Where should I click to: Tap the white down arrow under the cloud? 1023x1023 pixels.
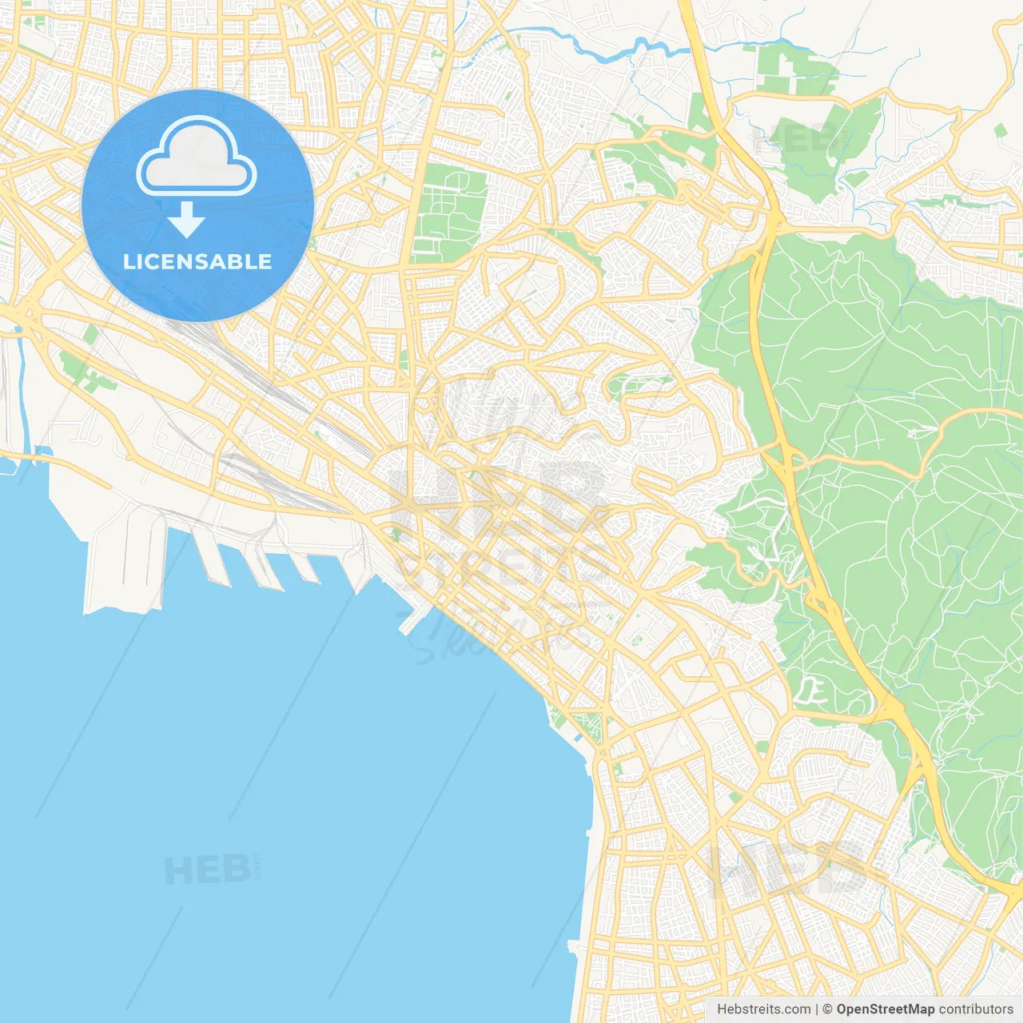[x=186, y=220]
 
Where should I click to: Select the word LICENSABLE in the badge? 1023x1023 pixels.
[x=197, y=261]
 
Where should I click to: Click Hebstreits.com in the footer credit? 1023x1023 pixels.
[x=763, y=1009]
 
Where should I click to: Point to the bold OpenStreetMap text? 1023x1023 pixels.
[x=886, y=1009]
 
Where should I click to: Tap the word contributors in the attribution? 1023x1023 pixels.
[x=976, y=1009]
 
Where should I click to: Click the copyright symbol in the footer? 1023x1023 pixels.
[x=827, y=1009]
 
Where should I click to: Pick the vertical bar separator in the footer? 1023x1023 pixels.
[x=816, y=1009]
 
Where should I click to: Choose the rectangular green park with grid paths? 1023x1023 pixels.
[x=450, y=213]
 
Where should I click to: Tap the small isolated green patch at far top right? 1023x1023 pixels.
[x=1000, y=129]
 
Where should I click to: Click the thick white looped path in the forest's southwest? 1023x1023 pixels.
[x=811, y=691]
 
